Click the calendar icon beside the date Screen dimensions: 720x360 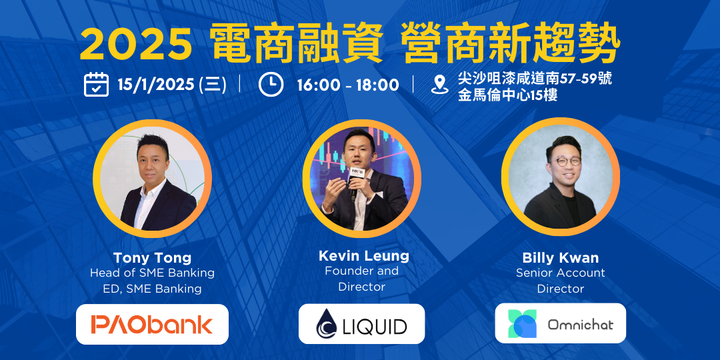click(96, 85)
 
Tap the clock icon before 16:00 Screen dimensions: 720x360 click(271, 85)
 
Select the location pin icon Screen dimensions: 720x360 click(439, 85)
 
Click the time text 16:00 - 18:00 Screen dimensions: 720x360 click(347, 85)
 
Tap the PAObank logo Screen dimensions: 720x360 click(152, 324)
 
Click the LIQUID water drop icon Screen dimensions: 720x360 click(327, 323)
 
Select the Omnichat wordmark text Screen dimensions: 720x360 click(581, 324)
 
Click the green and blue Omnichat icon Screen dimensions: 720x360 click(523, 323)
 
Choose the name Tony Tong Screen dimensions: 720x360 click(152, 257)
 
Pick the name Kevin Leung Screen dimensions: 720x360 click(364, 256)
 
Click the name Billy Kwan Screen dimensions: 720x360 click(560, 257)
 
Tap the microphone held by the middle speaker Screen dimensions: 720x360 click(355, 182)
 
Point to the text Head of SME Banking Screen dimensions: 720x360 click(152, 273)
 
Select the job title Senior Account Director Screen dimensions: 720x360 click(560, 281)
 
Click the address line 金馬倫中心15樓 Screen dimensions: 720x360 click(507, 95)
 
